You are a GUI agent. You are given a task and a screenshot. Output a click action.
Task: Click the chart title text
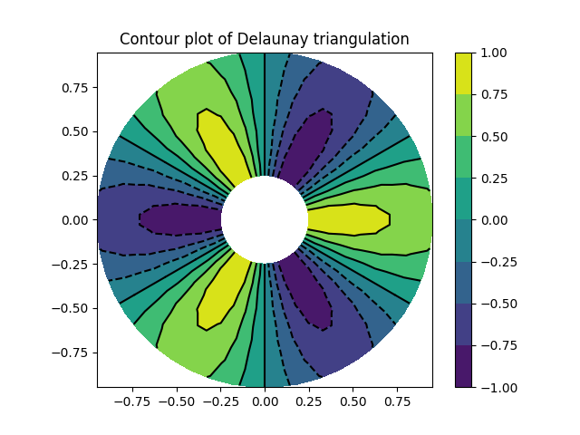pyautogui.click(x=264, y=39)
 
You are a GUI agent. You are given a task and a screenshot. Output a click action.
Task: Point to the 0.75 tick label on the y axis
pyautogui.click(x=74, y=88)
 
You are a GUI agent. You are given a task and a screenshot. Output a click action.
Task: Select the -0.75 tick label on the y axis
pyautogui.click(x=71, y=352)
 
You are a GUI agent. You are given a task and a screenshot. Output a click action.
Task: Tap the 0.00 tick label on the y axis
pyautogui.click(x=74, y=219)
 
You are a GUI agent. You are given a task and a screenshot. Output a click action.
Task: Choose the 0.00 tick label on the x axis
pyautogui.click(x=264, y=401)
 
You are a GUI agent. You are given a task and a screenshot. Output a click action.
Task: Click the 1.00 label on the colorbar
pyautogui.click(x=494, y=53)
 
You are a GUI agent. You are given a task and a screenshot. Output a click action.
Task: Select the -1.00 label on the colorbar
pyautogui.click(x=490, y=387)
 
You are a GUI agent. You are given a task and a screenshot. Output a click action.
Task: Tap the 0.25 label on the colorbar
pyautogui.click(x=494, y=178)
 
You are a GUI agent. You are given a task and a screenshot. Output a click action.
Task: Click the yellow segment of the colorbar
pyautogui.click(x=463, y=72)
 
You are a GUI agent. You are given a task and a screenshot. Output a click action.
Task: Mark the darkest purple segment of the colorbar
pyautogui.click(x=463, y=366)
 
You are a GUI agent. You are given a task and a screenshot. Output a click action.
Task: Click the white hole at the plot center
pyautogui.click(x=264, y=219)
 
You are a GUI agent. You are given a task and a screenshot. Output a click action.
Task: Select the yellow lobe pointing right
pyautogui.click(x=349, y=219)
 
